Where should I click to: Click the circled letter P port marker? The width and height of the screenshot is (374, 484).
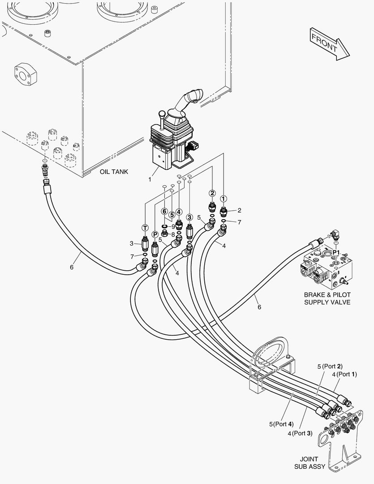155,234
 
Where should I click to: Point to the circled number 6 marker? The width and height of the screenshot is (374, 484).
164,211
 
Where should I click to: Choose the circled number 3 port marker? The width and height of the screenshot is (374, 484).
189,217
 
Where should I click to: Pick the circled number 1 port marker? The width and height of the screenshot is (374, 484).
223,199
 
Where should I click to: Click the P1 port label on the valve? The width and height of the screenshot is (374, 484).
336,252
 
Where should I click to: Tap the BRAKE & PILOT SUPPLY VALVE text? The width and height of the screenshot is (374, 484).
327,298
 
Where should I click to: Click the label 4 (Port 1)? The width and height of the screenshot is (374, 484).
344,374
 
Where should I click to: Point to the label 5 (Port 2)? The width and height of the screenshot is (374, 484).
330,367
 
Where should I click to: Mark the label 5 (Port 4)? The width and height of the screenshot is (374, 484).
281,424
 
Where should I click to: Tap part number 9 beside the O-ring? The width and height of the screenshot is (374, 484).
173,226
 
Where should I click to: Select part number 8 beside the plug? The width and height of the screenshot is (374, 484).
173,234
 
